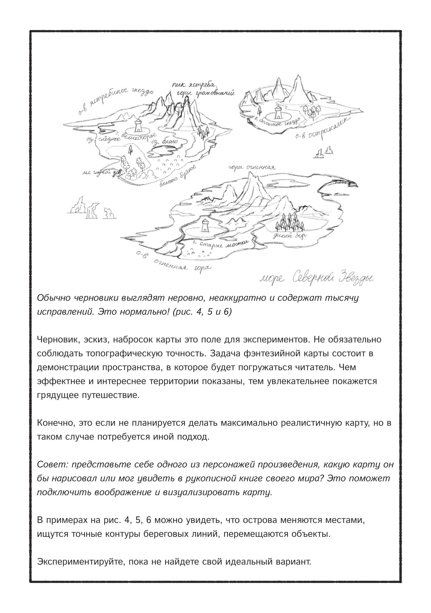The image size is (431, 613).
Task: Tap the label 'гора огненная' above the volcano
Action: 251,168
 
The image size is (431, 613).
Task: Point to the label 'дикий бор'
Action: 289,236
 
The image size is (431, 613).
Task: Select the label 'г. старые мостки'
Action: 220,244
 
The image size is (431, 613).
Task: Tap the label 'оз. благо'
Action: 165,141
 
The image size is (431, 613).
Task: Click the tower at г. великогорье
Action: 138,126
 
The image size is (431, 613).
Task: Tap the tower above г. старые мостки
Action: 205,226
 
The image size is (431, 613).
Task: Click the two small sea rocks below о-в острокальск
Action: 324,152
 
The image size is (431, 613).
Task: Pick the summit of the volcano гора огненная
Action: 251,174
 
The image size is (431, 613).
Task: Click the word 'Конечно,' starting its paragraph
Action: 56,423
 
